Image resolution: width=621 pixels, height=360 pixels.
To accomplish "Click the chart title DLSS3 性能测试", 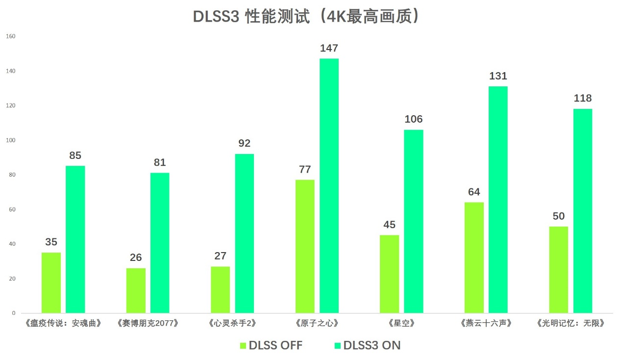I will (307, 16).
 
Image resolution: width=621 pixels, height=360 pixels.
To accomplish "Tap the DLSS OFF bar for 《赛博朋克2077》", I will (136, 290).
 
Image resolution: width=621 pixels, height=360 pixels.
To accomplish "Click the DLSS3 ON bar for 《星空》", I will (413, 221).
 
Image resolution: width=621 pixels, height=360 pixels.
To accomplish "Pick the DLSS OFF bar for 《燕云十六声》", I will (473, 257).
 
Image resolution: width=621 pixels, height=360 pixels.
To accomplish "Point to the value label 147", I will (329, 48).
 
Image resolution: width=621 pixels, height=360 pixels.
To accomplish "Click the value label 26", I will (136, 257).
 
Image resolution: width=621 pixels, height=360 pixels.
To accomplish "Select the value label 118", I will (583, 98).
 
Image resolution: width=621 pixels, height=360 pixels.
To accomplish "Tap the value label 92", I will (244, 143).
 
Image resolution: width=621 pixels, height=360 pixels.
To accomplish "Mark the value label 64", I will (473, 192).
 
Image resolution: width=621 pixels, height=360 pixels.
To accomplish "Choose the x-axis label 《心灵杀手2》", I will (232, 323).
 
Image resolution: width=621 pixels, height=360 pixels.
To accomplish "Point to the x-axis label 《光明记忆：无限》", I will (571, 323).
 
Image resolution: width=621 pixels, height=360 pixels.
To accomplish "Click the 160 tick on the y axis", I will (11, 36).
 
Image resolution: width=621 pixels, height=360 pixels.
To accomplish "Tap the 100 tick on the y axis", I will (11, 140).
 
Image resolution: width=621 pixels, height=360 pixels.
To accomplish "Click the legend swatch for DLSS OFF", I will (243, 346).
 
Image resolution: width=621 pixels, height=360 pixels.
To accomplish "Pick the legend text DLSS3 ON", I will (372, 345).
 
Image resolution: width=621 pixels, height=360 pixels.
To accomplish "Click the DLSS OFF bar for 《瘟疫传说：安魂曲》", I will (51, 283).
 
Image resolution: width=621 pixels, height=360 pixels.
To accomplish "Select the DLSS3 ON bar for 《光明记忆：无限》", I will (583, 211).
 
